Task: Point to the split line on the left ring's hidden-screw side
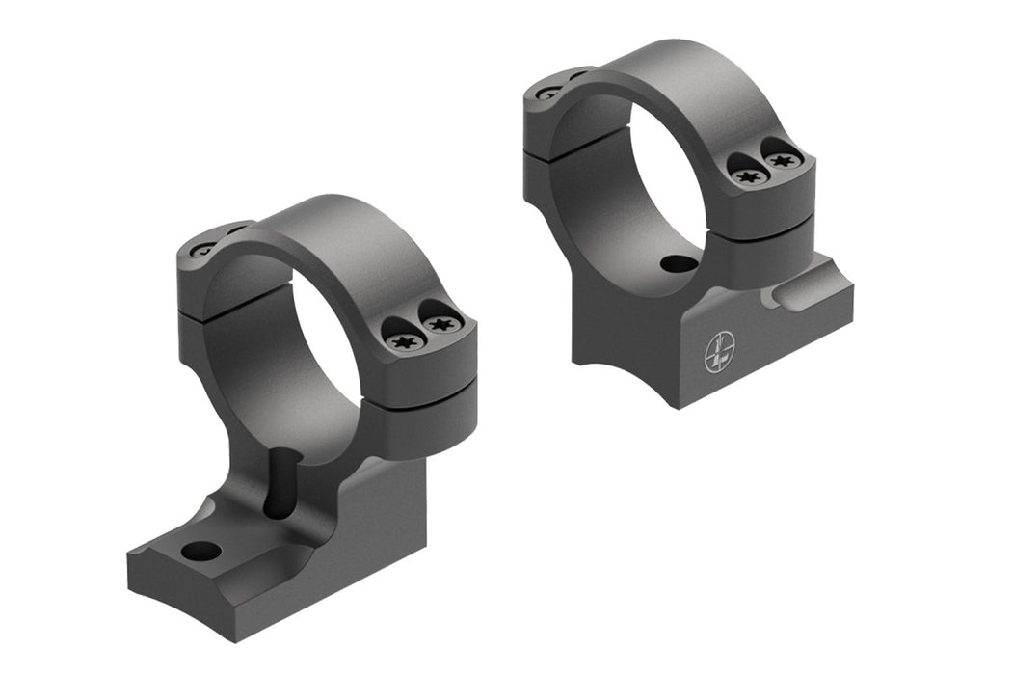193,306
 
